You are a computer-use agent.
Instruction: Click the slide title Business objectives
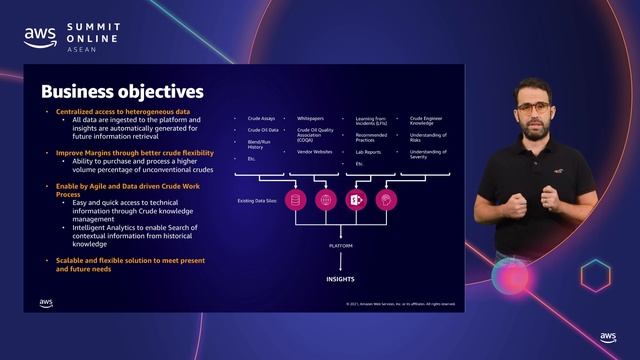[x=122, y=92]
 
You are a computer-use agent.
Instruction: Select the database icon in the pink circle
[x=294, y=200]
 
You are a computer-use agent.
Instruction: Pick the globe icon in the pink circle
[x=324, y=200]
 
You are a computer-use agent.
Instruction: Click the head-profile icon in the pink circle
[x=385, y=200]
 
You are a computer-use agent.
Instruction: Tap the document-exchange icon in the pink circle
[x=355, y=200]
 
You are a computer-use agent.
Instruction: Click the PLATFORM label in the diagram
[x=340, y=244]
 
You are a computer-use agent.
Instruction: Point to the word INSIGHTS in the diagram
[x=340, y=280]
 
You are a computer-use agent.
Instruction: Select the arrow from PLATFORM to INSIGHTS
[x=340, y=262]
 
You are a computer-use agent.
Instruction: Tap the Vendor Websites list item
[x=316, y=151]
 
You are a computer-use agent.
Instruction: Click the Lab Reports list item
[x=370, y=152]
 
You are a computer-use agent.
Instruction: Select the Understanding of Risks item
[x=427, y=137]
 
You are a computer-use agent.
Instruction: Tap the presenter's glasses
[x=531, y=106]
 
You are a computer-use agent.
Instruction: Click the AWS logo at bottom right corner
[x=608, y=338]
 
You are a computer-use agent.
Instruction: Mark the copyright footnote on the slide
[x=400, y=303]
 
